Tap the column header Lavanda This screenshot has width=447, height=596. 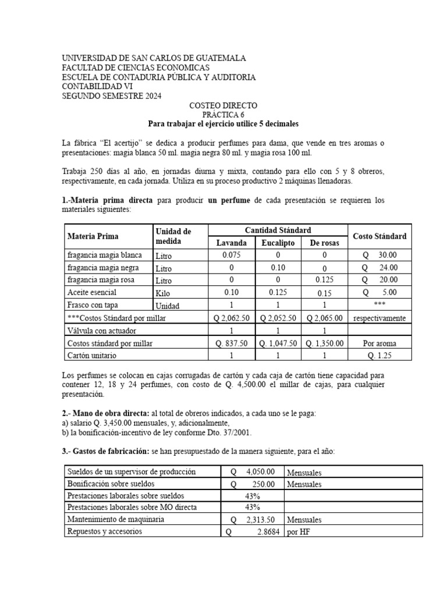(232, 243)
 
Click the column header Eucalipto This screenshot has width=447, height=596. (278, 243)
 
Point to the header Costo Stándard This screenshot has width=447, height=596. (379, 236)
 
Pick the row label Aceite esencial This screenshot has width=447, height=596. (92, 293)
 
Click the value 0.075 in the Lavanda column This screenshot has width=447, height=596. (232, 255)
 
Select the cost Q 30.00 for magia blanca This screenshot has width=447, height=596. (379, 255)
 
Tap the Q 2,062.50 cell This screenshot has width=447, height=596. (232, 318)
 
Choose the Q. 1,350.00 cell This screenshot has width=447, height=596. (324, 343)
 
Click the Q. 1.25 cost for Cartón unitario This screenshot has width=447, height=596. (379, 356)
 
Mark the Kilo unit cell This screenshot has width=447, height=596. (164, 293)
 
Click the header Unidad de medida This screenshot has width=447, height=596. (173, 236)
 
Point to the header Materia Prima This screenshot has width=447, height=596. (93, 236)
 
